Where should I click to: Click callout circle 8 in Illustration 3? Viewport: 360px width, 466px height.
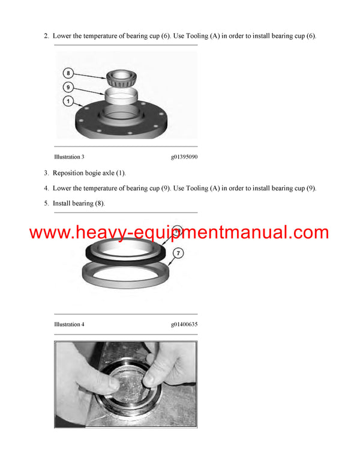point(68,73)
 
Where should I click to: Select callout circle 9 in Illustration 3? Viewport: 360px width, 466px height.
point(68,88)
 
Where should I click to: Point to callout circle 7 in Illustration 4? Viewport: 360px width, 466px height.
point(178,253)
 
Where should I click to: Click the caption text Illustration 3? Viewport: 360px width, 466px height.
point(69,157)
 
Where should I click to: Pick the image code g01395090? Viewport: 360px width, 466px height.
point(184,157)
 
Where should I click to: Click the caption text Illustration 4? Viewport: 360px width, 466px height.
point(69,324)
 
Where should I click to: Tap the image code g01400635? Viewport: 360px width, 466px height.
point(184,324)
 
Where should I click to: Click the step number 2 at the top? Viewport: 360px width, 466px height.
point(46,36)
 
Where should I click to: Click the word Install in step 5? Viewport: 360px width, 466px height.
point(62,203)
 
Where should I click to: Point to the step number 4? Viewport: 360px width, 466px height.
point(46,188)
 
